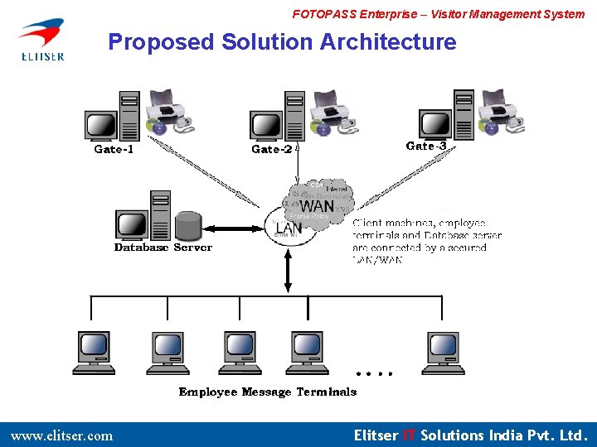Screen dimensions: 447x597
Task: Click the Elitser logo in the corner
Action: [41, 39]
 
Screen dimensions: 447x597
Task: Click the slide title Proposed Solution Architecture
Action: [282, 42]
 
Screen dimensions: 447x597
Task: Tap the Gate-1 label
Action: [114, 150]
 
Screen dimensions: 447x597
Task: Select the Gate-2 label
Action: [271, 150]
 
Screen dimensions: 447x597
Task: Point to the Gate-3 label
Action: [426, 146]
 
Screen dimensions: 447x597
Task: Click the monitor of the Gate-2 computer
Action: [266, 125]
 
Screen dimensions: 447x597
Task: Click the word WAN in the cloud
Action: [317, 206]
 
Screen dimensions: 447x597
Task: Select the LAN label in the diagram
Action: [289, 228]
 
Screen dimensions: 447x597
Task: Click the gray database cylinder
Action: [188, 224]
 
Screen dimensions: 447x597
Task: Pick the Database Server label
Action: [163, 248]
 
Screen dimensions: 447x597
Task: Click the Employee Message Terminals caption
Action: [268, 392]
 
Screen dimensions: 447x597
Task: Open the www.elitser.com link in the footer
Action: [61, 435]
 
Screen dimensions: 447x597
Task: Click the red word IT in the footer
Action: [409, 435]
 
